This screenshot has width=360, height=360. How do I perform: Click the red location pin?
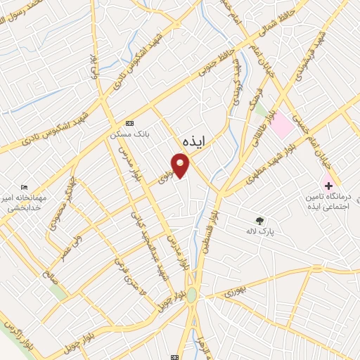pyautogui.click(x=181, y=165)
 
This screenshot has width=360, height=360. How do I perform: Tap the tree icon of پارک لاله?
pyautogui.click(x=261, y=221)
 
